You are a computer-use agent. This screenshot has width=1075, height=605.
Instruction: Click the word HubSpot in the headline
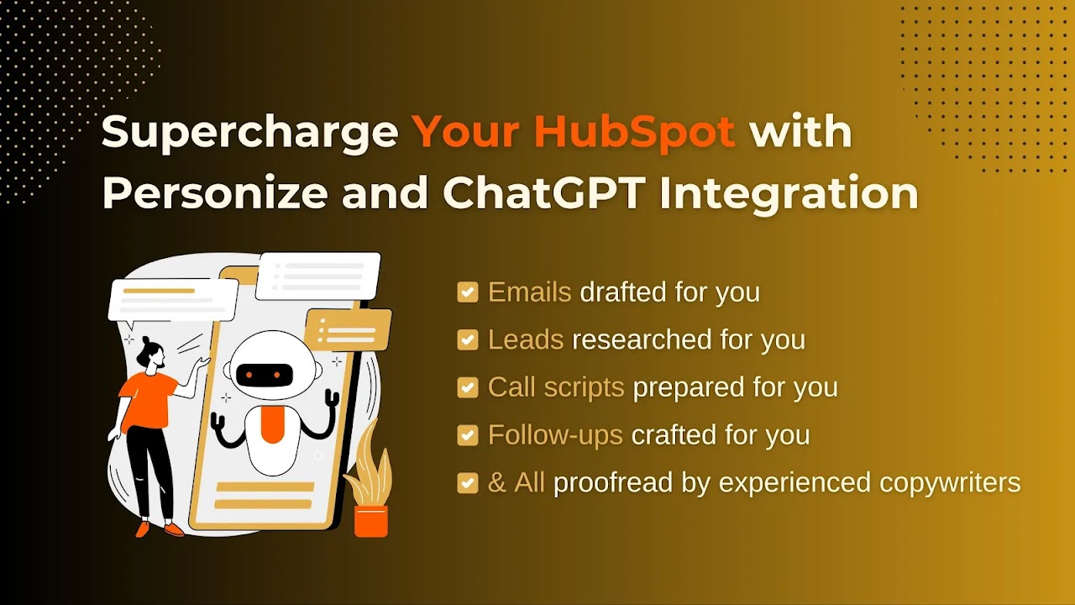pos(634,132)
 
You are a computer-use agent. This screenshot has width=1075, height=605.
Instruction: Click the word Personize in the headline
pos(215,193)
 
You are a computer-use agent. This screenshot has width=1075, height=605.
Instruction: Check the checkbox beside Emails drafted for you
pos(468,292)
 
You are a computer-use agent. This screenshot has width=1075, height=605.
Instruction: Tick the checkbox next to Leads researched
pos(468,339)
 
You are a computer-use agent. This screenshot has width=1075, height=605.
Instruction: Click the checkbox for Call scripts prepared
pos(468,387)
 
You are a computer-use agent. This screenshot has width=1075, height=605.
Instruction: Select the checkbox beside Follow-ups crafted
pos(468,435)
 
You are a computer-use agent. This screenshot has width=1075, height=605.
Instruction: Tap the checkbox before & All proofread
pos(468,483)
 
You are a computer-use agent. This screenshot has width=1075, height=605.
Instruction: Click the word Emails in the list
pos(529,292)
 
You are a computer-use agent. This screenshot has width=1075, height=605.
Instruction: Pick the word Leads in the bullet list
pos(526,339)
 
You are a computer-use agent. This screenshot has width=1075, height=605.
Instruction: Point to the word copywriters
pos(950,483)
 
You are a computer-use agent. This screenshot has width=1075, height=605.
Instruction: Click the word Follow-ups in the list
pos(555,435)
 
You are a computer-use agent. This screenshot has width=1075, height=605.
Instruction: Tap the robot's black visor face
pos(265,375)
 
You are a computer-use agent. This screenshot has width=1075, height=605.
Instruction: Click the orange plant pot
pos(371,521)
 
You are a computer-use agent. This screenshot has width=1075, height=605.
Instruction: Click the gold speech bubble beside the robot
pos(349,329)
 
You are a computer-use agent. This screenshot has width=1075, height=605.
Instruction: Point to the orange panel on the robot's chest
pos(272,424)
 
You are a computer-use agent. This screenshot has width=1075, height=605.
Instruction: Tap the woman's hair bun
pos(146,340)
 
